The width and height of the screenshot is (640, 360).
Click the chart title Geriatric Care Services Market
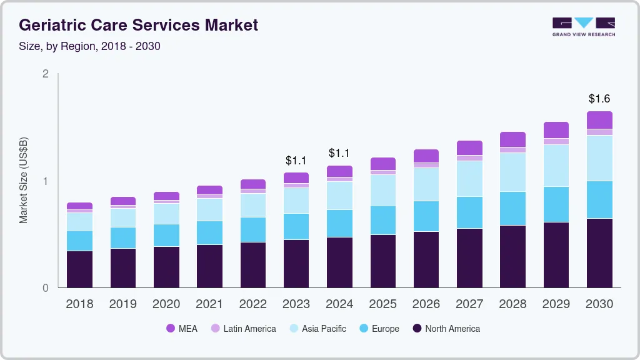138,25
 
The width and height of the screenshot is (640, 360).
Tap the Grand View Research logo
584,26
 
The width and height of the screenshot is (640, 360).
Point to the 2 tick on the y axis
45,74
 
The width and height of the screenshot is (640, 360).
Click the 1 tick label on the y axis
45,181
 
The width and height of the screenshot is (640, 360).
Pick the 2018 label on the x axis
79,304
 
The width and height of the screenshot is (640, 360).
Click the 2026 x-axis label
426,304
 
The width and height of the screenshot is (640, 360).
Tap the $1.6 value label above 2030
599,99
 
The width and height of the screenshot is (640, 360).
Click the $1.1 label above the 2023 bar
296,161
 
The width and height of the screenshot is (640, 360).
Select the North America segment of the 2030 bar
599,253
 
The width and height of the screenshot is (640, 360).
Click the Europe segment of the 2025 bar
382,220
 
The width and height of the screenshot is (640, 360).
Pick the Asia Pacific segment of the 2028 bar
512,172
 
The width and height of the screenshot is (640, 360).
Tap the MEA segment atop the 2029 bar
556,130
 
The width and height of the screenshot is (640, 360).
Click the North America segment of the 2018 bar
79,269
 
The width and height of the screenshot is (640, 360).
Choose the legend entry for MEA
182,329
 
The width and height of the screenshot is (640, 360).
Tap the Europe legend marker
362,329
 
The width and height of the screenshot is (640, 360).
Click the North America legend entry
446,329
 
